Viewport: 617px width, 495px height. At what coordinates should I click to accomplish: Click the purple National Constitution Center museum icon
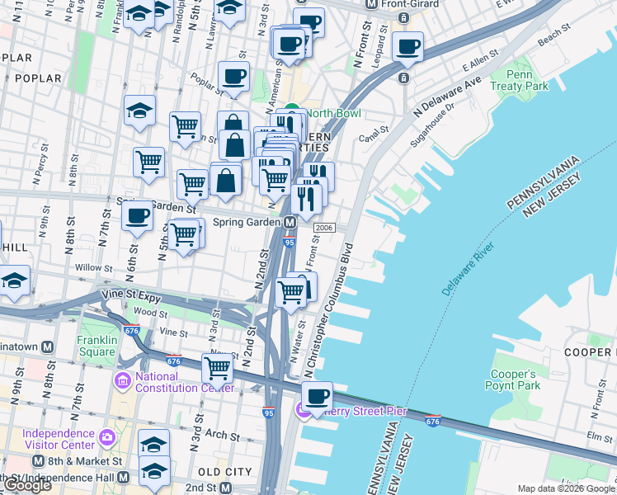pos(123,382)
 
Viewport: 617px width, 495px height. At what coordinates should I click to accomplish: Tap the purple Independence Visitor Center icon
pos(106,436)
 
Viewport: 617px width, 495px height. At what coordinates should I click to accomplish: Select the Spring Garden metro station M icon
pos(290,224)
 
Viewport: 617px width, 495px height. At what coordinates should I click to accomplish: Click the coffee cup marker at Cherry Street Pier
pos(316,396)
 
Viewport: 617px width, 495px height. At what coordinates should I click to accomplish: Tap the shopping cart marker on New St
pos(217,367)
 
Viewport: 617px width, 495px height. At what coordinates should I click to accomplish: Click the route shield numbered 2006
pos(323,228)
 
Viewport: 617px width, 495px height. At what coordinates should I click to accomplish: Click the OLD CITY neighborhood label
pos(225,471)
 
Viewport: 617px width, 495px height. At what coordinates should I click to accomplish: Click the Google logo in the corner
pos(26,485)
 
